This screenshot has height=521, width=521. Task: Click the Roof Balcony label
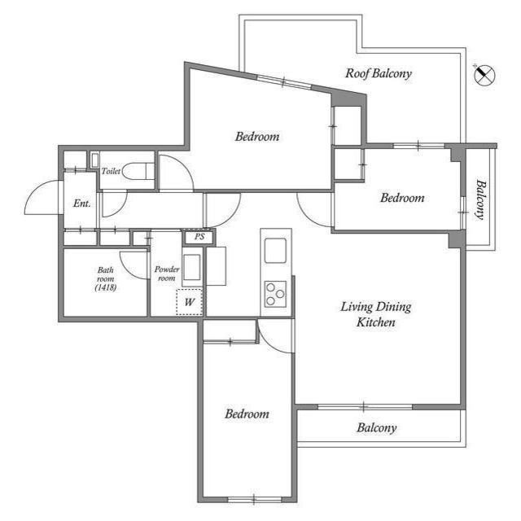(x=379, y=73)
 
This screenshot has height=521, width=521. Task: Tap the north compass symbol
(x=484, y=76)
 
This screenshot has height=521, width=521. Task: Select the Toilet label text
(x=111, y=172)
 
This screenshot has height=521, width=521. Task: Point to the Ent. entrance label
(x=81, y=203)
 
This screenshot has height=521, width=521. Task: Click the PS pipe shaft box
(x=199, y=237)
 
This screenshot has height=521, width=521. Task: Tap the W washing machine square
(x=190, y=302)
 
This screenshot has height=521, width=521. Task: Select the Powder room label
(x=166, y=273)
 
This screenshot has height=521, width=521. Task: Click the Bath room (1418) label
(x=106, y=278)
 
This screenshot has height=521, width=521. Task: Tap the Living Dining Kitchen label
(x=375, y=314)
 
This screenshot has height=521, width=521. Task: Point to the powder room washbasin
(x=192, y=267)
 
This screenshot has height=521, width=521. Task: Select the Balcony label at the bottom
(x=376, y=427)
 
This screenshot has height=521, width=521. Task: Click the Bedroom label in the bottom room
(x=246, y=414)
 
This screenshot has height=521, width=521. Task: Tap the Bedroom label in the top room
(x=257, y=136)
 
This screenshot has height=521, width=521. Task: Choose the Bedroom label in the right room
(x=402, y=198)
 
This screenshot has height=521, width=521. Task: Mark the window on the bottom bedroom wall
(x=252, y=498)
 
